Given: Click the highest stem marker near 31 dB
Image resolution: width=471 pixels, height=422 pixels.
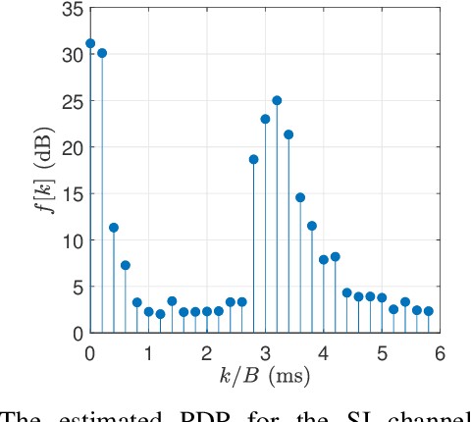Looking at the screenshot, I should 90,43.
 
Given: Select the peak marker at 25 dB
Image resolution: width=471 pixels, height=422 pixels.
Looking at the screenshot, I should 277,100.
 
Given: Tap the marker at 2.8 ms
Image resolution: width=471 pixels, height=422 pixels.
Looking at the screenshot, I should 253,159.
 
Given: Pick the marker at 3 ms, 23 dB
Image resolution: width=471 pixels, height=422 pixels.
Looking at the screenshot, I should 265,119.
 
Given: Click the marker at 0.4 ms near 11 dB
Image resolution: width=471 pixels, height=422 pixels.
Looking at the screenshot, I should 114,228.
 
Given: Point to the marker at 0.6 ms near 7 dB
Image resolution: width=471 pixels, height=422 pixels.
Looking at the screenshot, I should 126,265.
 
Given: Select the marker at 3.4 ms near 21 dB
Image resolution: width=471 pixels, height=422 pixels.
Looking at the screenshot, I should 288,134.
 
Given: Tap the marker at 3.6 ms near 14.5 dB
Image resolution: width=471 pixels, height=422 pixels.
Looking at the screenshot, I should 300,197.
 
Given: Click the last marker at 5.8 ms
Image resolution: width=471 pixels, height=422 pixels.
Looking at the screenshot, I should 428,311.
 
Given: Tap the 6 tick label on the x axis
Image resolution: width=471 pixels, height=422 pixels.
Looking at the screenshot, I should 440,352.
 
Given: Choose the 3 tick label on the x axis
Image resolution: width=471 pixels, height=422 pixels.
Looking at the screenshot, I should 265,352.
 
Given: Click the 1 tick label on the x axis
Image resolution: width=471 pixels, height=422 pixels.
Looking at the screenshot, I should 148,352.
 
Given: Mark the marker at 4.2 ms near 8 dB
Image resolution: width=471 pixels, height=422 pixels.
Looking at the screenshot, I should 335,257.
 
